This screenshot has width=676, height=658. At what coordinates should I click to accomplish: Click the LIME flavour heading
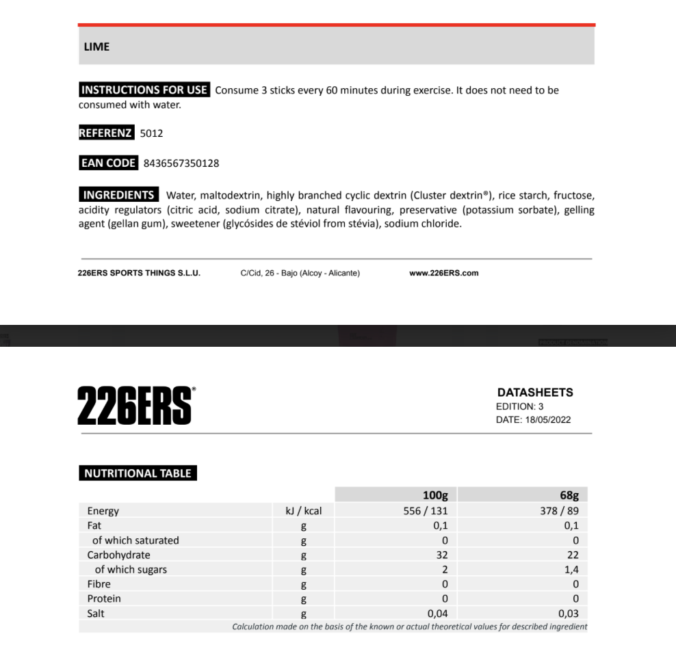click(x=96, y=47)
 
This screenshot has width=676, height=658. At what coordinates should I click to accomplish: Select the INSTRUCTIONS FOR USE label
click(x=144, y=90)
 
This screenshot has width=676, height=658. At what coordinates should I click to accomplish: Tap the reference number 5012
click(x=151, y=133)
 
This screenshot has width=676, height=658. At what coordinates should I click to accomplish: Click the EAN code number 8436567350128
click(x=181, y=163)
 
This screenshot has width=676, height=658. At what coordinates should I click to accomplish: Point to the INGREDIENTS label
click(x=118, y=195)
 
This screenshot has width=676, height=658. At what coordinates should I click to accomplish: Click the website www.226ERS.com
click(x=444, y=273)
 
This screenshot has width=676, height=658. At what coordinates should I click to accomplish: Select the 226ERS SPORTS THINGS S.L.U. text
click(x=140, y=273)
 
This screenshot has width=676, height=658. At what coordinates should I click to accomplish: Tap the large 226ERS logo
click(x=136, y=405)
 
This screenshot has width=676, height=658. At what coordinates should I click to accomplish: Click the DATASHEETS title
click(x=535, y=393)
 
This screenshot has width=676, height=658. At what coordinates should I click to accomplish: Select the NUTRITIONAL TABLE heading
click(x=138, y=473)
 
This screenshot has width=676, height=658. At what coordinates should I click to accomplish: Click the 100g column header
click(x=435, y=495)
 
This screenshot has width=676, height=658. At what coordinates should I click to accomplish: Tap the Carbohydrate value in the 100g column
click(x=441, y=555)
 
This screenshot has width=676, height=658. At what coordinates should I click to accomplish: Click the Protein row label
click(x=104, y=598)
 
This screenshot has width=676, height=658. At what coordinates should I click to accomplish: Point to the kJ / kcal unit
click(x=303, y=511)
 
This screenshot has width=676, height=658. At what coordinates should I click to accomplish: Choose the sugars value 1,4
click(x=572, y=570)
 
